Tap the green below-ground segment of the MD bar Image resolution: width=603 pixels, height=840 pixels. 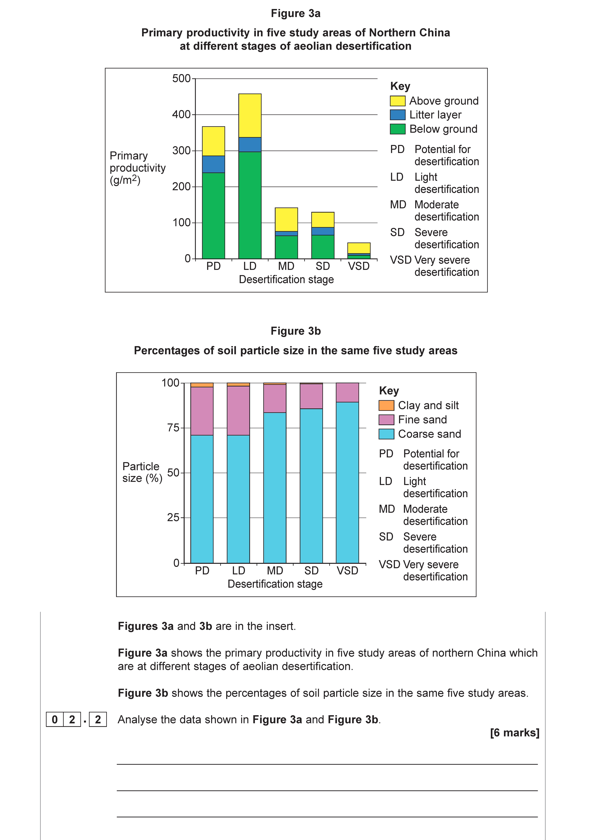point(286,247)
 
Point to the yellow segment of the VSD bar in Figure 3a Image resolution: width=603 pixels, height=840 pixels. point(359,248)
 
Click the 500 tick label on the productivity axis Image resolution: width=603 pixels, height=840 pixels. point(181,79)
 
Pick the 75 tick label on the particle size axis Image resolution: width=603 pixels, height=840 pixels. point(173,428)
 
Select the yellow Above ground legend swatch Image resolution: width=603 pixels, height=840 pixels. point(398,101)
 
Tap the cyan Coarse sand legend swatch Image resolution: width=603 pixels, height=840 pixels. point(386,434)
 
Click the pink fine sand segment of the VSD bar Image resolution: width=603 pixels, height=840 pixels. point(347,392)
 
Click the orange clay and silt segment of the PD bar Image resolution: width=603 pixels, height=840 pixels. point(202,385)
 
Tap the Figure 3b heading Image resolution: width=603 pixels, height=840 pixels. point(295,331)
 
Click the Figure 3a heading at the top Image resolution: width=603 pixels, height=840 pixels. point(295,13)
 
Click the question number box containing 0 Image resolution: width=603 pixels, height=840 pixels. point(55,719)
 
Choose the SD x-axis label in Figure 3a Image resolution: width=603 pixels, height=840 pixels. point(322,266)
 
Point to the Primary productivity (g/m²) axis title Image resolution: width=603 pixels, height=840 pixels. point(137,168)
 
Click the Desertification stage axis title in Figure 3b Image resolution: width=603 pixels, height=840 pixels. point(275,584)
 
